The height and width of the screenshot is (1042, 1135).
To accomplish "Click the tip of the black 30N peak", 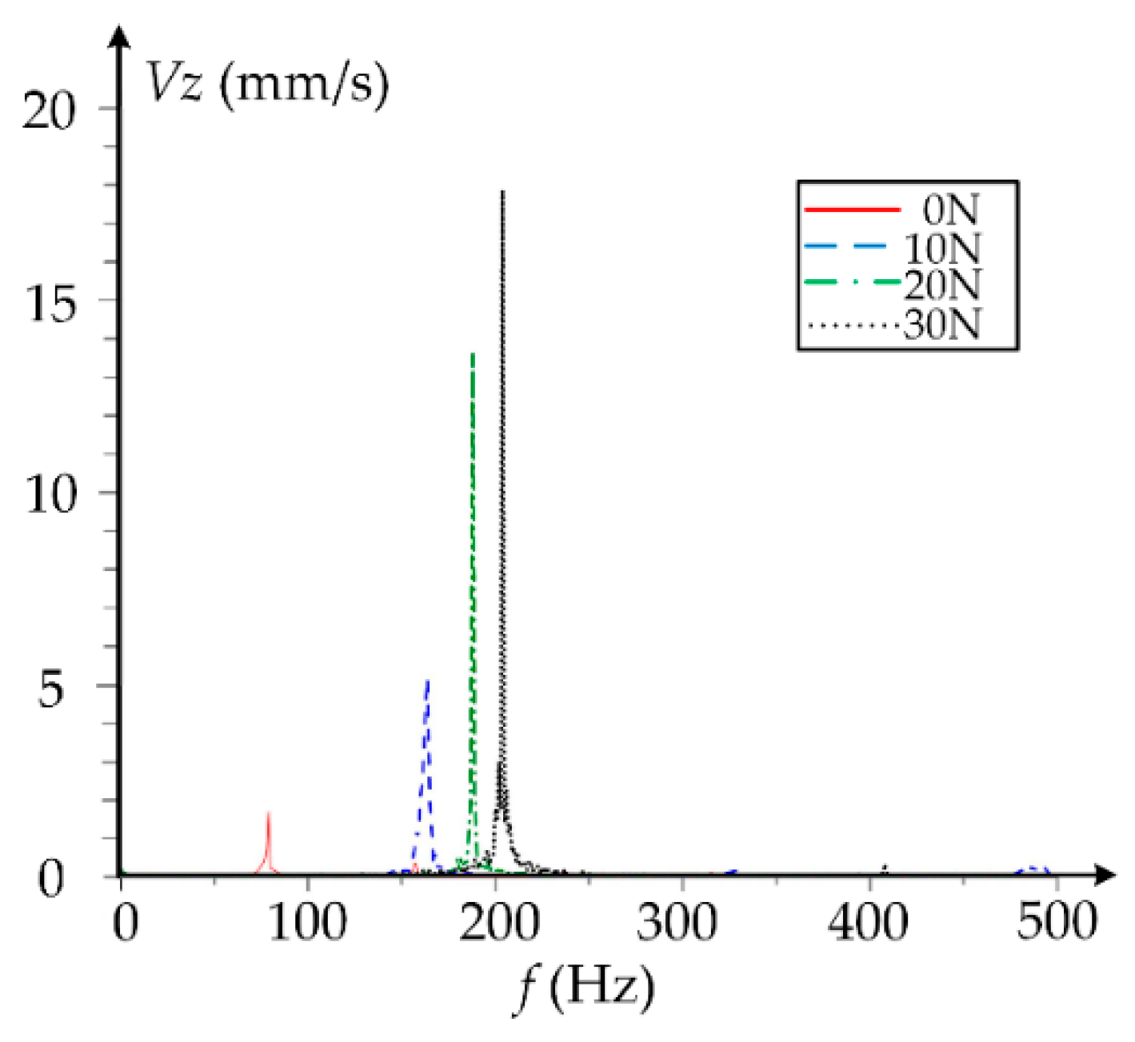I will coord(502,193).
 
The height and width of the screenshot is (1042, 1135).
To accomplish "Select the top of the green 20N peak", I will coord(473,354).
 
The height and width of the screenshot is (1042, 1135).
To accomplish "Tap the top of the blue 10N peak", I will coord(428,681).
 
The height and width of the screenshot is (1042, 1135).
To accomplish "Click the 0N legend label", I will coord(950,210).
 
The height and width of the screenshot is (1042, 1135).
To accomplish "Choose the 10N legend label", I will coord(942,249).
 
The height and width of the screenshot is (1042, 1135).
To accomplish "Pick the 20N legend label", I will coord(942,285).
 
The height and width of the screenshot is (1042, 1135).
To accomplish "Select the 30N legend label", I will coord(942,324).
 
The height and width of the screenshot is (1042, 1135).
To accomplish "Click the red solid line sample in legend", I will coord(851,210).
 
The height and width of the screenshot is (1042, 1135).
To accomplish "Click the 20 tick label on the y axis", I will coord(48,110).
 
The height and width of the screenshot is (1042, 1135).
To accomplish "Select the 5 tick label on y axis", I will coord(50,688).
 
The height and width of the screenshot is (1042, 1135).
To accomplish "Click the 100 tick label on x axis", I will coord(308,922).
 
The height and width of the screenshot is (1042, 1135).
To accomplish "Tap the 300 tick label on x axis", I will coord(682,922).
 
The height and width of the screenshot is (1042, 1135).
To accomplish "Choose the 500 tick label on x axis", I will coord(1057,922).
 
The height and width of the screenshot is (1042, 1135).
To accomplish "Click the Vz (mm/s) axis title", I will coord(267,83).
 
